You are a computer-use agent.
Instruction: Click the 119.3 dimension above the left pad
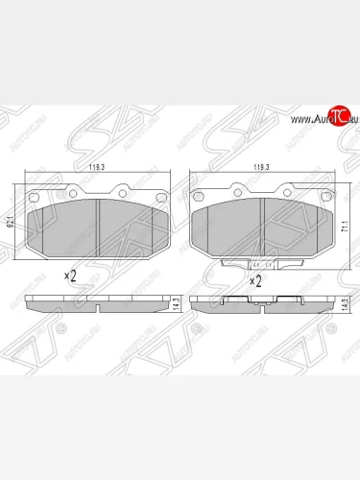coord(96,169)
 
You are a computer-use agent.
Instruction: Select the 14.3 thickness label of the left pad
coord(176,302)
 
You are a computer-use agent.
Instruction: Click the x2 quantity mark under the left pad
coord(70,276)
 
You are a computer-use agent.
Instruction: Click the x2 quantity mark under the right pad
coord(256,282)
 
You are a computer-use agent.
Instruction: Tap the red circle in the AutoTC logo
coord(338,117)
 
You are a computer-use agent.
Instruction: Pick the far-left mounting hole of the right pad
coord(198,199)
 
